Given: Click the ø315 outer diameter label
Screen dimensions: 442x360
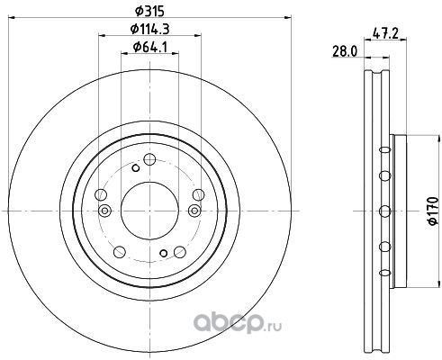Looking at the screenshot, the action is click(149, 12).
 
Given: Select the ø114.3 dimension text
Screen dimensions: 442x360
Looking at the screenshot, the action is click(149, 29).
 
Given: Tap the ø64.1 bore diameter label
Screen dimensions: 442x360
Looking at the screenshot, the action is click(149, 47).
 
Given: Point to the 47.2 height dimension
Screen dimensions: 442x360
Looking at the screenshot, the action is click(385, 33).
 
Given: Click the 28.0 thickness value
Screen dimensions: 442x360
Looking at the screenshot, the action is click(345, 51).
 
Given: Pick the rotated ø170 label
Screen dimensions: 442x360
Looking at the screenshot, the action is click(434, 211).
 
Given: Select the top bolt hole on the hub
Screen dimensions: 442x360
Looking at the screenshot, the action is click(149, 159).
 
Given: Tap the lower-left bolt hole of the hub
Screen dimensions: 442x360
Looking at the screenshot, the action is click(120, 252).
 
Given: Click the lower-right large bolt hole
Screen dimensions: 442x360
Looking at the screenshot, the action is click(180, 252).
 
